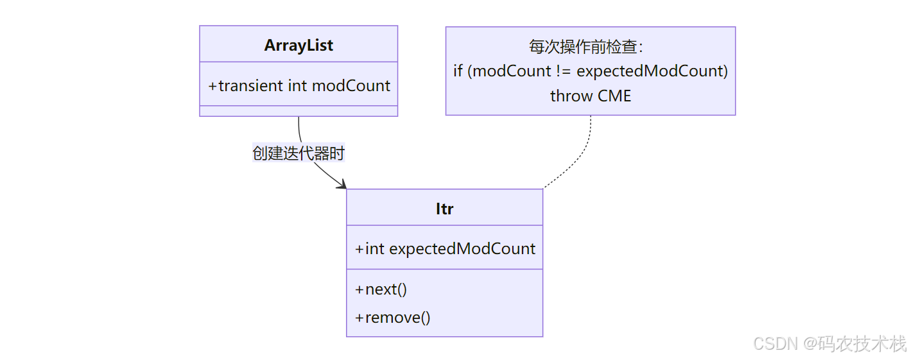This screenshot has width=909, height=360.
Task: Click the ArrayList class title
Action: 299,46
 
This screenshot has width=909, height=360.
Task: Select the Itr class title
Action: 444,209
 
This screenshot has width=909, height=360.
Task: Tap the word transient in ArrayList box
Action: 251,86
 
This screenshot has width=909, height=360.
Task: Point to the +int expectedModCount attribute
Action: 445,248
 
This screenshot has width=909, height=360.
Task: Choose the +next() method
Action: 381,289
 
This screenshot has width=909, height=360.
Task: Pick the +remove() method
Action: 393,317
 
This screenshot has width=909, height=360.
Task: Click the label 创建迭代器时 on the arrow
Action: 299,154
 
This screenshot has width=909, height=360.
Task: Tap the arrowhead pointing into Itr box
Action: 342,185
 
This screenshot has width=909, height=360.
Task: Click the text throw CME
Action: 591,96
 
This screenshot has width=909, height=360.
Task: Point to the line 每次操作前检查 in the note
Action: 585,47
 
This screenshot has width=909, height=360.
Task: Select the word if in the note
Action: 458,71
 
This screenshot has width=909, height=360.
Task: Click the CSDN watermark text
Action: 775,343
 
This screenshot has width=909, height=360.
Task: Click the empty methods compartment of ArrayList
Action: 299,111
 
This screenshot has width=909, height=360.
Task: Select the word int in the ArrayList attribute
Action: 297,86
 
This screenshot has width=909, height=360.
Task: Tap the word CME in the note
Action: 614,96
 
